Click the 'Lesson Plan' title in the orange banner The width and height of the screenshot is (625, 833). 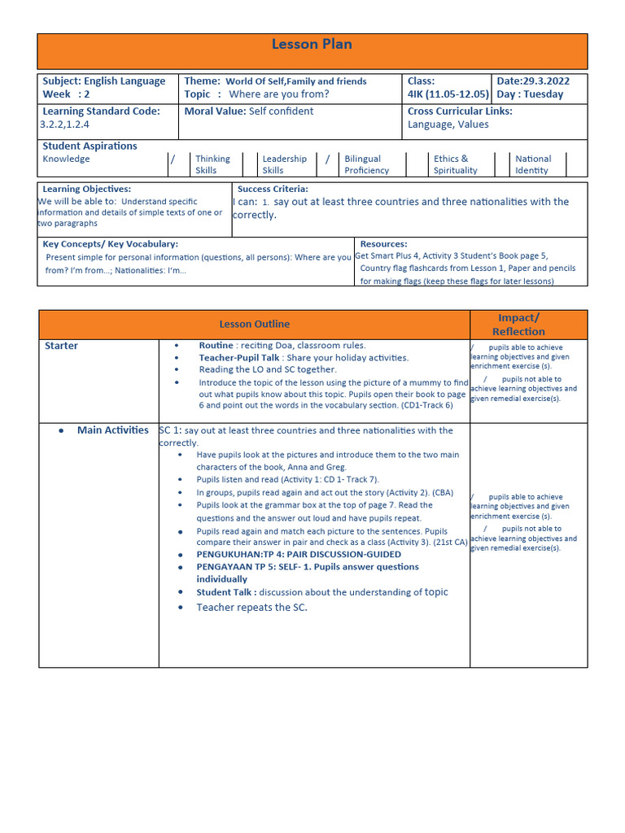pos(312,45)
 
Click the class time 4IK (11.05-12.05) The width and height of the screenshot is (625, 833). pos(448,94)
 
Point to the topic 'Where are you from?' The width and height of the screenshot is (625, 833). pos(279,94)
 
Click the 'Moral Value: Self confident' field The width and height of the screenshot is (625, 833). pos(248,111)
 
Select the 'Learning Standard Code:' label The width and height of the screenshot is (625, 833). pos(101,111)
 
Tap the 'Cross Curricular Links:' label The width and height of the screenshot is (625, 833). pos(460,111)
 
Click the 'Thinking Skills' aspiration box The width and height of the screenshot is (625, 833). pos(212,164)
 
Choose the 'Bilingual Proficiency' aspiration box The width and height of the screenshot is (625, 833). pos(366,164)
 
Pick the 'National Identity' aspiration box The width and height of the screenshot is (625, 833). pos(533,164)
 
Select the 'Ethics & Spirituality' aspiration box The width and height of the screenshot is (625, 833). pos(455,164)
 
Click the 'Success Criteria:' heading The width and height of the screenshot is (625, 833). pos(273,189)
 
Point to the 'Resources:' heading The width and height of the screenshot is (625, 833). pos(383,244)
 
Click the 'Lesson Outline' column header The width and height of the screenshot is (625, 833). pos(254,325)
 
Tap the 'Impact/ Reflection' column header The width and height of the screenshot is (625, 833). pos(518,325)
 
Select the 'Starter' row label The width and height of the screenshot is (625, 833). pos(62,347)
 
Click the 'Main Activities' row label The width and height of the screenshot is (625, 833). pos(112,430)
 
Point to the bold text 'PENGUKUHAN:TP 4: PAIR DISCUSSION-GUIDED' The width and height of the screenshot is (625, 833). pos(299,555)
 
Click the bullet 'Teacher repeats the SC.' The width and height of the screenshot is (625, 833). pos(251,608)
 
